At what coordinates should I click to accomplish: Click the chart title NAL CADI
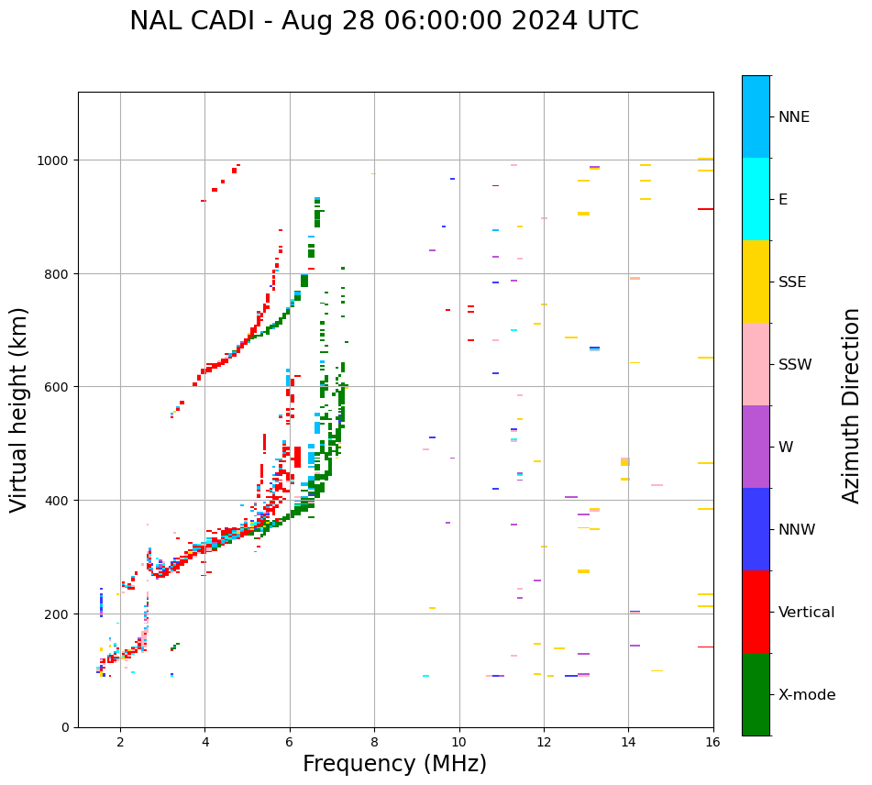point(383,21)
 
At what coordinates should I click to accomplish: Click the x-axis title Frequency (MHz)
point(394,764)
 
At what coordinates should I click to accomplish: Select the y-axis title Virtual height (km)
point(19,410)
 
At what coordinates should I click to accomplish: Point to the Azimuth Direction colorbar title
point(852,405)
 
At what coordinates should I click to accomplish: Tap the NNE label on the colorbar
point(794,117)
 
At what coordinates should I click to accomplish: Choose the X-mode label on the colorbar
point(807,695)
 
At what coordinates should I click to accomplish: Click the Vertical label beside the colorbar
point(807,613)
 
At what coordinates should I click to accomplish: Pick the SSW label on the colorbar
point(795,365)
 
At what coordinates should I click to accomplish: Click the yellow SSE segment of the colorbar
point(756,282)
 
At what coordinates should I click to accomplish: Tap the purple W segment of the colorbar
point(756,447)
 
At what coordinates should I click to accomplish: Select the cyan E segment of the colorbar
point(756,199)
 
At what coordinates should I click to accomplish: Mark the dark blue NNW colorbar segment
point(756,529)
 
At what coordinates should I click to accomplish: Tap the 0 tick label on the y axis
point(65,727)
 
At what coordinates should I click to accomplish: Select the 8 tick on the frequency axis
point(374,743)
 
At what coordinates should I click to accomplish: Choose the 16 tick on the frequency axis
point(713,743)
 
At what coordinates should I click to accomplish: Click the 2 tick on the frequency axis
point(120,743)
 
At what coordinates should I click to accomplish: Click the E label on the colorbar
point(783,200)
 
